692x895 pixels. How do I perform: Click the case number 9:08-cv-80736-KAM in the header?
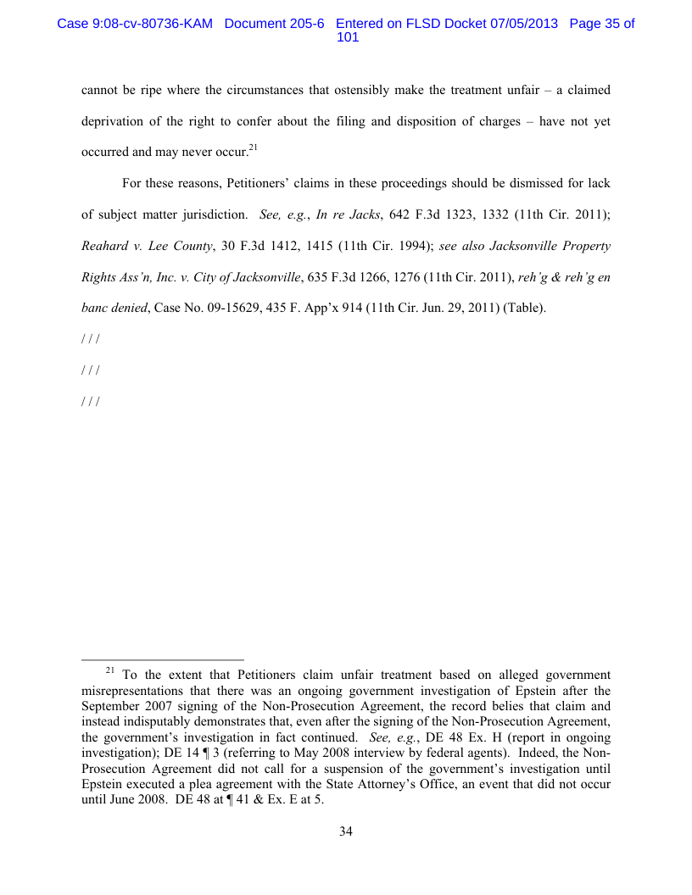pos(134,24)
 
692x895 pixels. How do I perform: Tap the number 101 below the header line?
pos(348,38)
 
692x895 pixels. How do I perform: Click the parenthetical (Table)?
pos(525,309)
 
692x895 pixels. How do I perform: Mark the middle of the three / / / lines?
pos(90,370)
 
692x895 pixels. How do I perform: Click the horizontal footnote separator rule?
pos(162,659)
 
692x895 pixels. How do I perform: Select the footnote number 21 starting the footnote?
pos(109,671)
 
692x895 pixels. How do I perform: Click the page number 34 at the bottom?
pos(346,831)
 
